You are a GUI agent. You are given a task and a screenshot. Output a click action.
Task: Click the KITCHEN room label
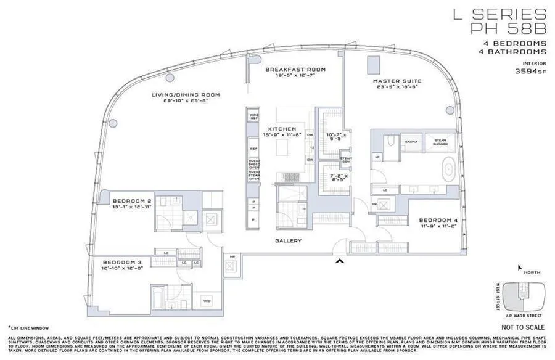(x=277, y=129)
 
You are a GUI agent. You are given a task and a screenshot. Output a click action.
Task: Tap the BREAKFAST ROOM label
(x=295, y=70)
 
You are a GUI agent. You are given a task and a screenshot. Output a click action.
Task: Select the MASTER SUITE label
(x=397, y=81)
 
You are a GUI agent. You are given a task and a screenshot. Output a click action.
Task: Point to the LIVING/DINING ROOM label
(x=186, y=95)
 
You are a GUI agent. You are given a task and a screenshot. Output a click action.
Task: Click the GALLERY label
(x=289, y=240)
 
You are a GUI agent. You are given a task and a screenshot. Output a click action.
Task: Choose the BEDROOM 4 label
(x=438, y=220)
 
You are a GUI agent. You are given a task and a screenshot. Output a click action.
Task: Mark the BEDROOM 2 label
(x=131, y=201)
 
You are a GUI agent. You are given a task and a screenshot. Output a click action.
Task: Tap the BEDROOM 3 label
(x=122, y=261)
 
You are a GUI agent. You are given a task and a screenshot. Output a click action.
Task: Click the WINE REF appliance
(x=253, y=116)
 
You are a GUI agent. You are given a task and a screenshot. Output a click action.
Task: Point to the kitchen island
(x=283, y=148)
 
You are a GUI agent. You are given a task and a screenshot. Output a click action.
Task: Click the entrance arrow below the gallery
(x=337, y=263)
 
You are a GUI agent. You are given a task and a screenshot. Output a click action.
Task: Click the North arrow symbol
(x=520, y=269)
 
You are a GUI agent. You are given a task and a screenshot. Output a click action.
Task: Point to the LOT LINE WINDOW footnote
(x=28, y=328)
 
